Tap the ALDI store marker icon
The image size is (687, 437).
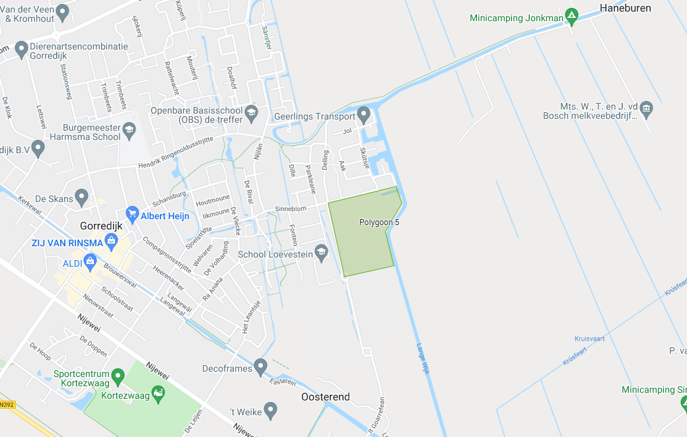pos(90,262)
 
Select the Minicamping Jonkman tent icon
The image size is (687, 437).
pos(572,15)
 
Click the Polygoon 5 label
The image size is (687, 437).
pos(379,222)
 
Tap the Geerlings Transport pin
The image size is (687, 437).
pos(364,116)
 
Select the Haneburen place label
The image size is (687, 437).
pos(625,8)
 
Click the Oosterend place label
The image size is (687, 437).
pos(326,397)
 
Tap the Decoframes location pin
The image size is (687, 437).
pos(261,366)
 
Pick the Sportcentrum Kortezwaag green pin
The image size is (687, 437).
pos(118,376)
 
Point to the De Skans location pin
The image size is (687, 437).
pos(81,196)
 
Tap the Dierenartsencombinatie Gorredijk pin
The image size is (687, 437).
pos(21,48)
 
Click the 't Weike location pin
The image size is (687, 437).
pos(270,411)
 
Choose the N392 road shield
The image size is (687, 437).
pos(6,404)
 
